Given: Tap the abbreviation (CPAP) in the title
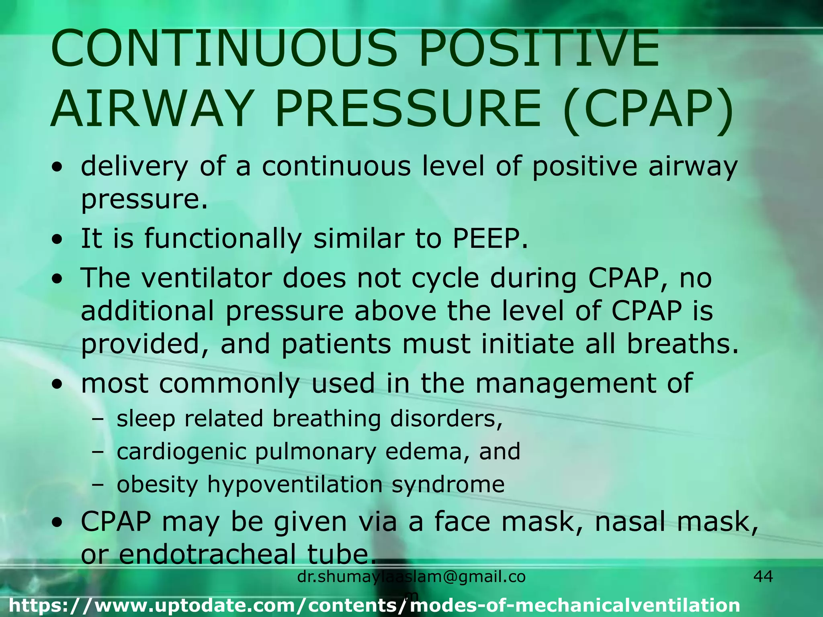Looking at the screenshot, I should tap(647, 109).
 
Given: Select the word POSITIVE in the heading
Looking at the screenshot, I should tap(539, 49).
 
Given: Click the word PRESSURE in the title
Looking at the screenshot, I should tap(408, 109).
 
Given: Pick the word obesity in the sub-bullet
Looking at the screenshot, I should tap(157, 485).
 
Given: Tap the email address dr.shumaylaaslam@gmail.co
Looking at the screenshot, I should tap(411, 577).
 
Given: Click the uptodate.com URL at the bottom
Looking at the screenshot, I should tap(374, 605).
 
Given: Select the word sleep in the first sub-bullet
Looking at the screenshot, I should tap(146, 419).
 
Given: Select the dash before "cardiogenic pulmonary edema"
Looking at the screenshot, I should tap(97, 452).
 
